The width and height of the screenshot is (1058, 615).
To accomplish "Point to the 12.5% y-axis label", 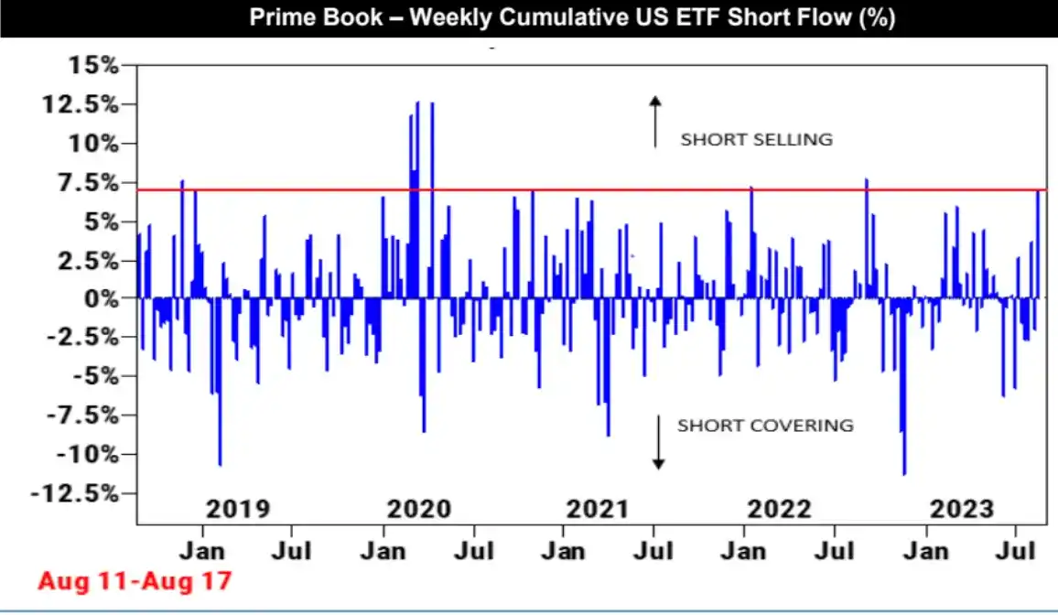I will pos(81,104).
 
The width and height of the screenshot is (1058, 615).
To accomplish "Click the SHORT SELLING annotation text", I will pos(756,140).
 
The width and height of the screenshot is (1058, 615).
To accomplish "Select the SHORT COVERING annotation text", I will pos(765,426).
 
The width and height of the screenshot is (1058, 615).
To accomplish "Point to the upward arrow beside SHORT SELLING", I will pos(655,121).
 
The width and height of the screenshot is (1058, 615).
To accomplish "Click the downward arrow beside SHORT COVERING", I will pos(657,441).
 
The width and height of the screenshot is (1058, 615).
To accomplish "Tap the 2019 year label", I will pos(238,509).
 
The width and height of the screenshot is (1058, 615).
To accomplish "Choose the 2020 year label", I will pos(419,509).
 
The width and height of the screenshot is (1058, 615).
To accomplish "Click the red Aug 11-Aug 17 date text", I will pos(135,580).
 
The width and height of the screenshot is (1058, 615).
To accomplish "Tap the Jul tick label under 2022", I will pos(834,552).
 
